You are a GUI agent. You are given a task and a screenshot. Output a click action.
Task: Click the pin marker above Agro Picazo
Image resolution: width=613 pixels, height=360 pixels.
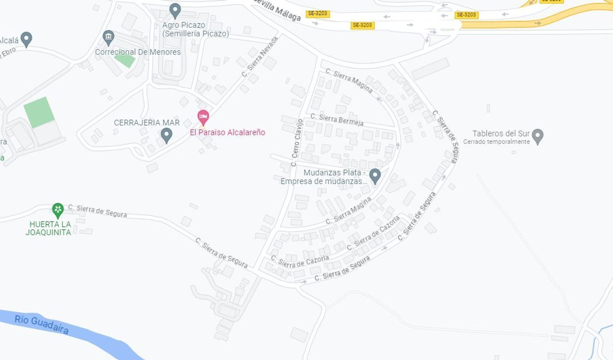(x=175, y=10)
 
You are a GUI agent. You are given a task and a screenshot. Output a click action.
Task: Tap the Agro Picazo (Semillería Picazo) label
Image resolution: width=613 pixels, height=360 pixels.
(x=195, y=29)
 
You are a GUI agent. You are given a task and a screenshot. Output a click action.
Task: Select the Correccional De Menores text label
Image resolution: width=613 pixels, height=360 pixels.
(x=138, y=52)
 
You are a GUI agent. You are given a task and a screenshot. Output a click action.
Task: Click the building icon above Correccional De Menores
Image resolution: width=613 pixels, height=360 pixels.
(x=108, y=38)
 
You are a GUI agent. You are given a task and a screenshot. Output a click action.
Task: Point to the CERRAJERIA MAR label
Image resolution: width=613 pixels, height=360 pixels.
(x=147, y=123)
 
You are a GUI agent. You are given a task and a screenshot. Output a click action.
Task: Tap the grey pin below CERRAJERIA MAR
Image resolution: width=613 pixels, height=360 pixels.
(x=166, y=134)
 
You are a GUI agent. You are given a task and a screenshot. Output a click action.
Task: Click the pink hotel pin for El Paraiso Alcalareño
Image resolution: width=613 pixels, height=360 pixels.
(x=203, y=117)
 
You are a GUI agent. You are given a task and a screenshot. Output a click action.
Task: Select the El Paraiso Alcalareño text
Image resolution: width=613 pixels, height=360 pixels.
(x=227, y=132)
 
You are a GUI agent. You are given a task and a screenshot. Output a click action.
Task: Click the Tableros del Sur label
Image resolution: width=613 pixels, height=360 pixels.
(x=501, y=134)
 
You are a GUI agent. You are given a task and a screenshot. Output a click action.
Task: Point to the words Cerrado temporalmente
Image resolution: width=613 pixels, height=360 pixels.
(x=496, y=142)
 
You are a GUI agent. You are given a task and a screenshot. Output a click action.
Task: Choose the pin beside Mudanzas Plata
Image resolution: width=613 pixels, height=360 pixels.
(x=375, y=175)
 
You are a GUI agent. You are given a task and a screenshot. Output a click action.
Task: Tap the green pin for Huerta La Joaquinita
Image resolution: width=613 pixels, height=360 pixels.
(x=58, y=210)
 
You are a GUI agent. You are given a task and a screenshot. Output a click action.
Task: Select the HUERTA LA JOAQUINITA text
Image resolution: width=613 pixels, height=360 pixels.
(x=49, y=228)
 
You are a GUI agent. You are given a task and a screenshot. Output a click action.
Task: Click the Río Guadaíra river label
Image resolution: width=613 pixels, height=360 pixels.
(x=42, y=324)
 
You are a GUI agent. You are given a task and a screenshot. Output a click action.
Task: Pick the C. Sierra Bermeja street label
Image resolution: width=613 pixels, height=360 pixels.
(x=337, y=119)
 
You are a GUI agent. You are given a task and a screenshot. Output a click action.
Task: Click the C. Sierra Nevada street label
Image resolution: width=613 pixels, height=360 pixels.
(x=260, y=56)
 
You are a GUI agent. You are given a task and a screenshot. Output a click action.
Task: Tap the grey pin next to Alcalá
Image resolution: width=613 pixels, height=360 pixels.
(x=26, y=39)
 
